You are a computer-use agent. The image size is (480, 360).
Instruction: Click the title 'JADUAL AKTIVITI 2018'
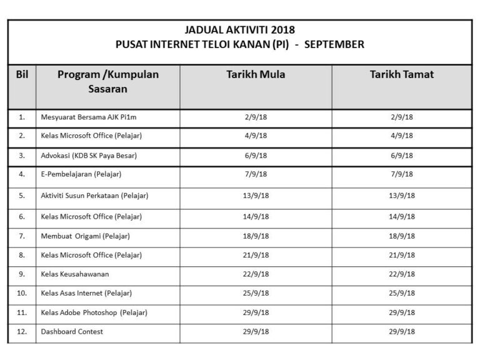coord(240,29)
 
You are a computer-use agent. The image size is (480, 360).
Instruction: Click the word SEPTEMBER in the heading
coord(336,44)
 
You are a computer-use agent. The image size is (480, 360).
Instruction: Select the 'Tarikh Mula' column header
coord(256,74)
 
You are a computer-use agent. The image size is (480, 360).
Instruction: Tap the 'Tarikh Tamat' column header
coord(401,74)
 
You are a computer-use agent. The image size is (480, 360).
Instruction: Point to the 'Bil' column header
coord(22,74)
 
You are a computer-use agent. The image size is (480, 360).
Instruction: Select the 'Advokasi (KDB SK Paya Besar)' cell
coord(89,156)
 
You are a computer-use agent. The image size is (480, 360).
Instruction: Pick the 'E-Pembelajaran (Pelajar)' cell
coord(81,174)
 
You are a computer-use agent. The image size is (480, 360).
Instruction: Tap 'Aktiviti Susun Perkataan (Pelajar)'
coord(94,196)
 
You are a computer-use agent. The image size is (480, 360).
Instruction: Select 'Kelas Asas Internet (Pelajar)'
coord(86,292)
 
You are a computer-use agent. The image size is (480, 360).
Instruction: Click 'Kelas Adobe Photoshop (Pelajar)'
coord(94,312)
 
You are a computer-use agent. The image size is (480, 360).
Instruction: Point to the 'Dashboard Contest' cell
coord(72,331)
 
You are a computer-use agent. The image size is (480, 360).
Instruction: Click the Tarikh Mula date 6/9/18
coord(256,156)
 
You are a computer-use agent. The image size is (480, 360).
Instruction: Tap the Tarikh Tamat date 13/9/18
coord(402,196)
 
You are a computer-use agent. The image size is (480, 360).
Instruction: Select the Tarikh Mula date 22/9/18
coord(256,274)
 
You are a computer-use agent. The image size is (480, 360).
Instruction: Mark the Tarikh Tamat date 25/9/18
coord(402,292)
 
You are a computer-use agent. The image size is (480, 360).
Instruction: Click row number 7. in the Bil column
coord(22,236)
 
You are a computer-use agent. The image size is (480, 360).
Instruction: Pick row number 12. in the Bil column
coord(22,331)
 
